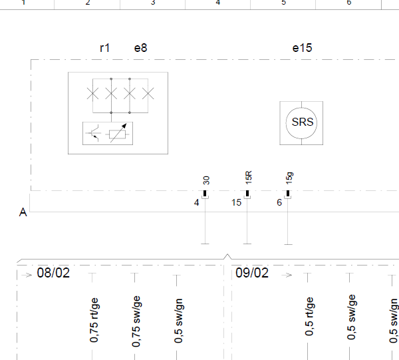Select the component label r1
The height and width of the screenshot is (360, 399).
click(105, 48)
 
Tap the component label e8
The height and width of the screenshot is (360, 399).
click(140, 48)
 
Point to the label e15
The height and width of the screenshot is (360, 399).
click(302, 48)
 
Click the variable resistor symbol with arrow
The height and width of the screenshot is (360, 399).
click(117, 133)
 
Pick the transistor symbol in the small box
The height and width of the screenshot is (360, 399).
click(93, 133)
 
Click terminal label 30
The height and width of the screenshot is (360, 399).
click(206, 180)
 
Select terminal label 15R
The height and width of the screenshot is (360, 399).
click(248, 178)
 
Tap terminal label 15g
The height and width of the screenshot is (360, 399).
click(289, 178)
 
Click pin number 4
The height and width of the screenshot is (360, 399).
click(196, 202)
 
